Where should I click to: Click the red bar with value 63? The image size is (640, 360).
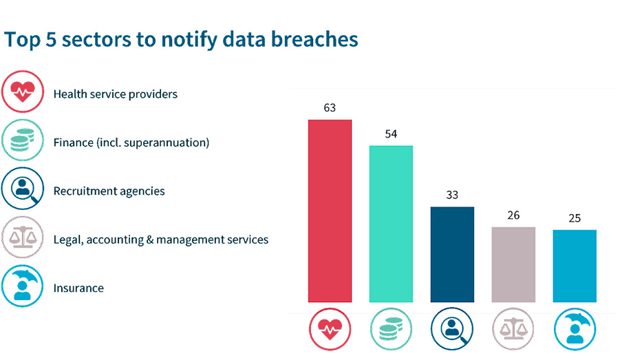click(x=330, y=211)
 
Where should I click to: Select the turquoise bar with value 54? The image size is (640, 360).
click(x=391, y=224)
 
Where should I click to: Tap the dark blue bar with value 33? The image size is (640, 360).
click(x=452, y=254)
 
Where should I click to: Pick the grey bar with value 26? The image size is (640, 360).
click(x=513, y=264)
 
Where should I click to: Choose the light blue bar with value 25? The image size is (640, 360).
click(x=575, y=266)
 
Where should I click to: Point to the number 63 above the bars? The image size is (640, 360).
click(x=330, y=108)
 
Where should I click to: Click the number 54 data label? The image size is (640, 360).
click(x=391, y=134)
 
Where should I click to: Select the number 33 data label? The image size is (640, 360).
click(x=452, y=195)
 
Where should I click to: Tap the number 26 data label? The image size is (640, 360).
click(x=513, y=215)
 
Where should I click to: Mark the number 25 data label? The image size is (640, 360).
click(x=575, y=218)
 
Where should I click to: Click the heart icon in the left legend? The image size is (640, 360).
click(x=23, y=93)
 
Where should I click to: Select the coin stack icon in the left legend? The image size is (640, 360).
click(x=23, y=141)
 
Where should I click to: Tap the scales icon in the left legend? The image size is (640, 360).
click(x=23, y=238)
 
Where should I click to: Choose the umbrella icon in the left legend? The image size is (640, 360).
click(x=23, y=286)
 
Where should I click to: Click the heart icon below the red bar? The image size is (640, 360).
click(x=330, y=328)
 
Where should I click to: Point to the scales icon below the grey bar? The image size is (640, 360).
click(x=513, y=328)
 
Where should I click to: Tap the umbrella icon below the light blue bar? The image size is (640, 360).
click(x=575, y=328)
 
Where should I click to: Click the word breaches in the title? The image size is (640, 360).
click(x=315, y=39)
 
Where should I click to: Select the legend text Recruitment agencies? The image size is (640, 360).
click(x=109, y=191)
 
